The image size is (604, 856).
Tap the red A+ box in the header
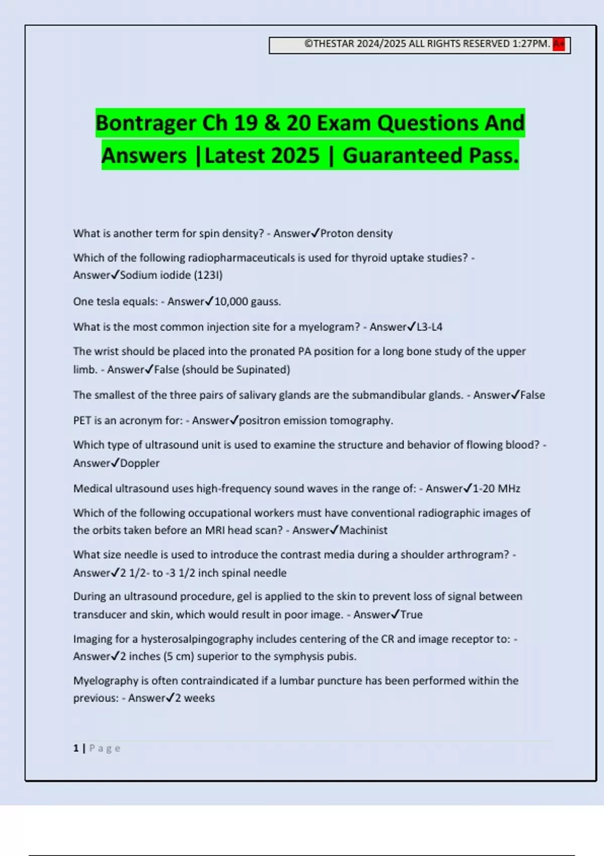pyautogui.click(x=559, y=44)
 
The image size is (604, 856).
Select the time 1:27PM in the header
pyautogui.click(x=531, y=44)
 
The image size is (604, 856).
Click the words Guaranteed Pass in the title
pyautogui.click(x=430, y=156)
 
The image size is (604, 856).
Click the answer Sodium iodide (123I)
pyautogui.click(x=171, y=275)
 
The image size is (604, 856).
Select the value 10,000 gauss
pyautogui.click(x=248, y=302)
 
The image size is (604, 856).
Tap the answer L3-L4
pyautogui.click(x=429, y=327)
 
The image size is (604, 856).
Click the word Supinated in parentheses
pyautogui.click(x=262, y=370)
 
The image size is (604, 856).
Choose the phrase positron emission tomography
pyautogui.click(x=316, y=420)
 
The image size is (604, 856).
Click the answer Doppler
pyautogui.click(x=139, y=463)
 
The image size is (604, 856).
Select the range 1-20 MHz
pyautogui.click(x=496, y=488)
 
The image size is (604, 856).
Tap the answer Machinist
pyautogui.click(x=363, y=530)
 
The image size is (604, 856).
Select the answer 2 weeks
pyautogui.click(x=195, y=698)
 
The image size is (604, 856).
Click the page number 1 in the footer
pyautogui.click(x=76, y=748)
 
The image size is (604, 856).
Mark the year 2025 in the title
pyautogui.click(x=294, y=156)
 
